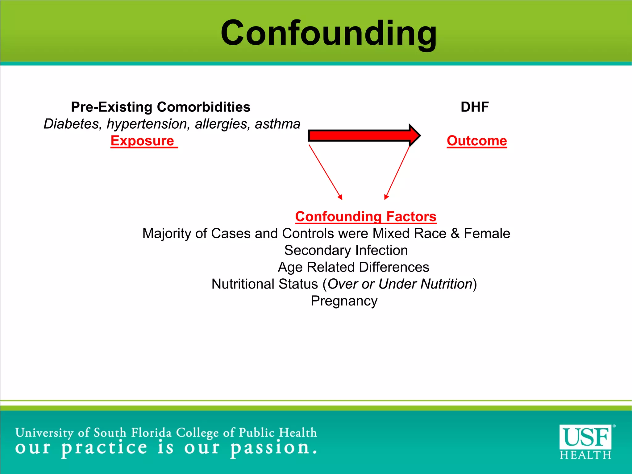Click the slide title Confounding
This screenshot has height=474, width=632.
coord(328,33)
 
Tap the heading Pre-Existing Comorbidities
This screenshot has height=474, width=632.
coord(160,107)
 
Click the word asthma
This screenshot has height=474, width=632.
coord(277,124)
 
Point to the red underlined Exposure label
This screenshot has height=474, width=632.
coord(143,141)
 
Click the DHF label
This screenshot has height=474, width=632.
coord(474,107)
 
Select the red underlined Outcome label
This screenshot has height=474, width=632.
coord(477,141)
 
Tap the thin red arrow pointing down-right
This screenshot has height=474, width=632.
coord(326,172)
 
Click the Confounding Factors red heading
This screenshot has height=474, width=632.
coord(366,217)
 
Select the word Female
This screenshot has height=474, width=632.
coord(487,234)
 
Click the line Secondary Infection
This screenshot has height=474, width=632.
coord(346,250)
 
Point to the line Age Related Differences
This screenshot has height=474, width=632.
coord(353,267)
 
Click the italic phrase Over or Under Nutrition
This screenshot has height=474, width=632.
coord(400,284)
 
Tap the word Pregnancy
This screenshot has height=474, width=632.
coord(344,301)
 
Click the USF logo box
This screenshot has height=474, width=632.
coord(585,437)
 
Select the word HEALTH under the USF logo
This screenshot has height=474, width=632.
coord(585,455)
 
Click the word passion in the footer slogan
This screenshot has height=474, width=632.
coord(270,448)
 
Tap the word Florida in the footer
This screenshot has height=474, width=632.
coord(151,433)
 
